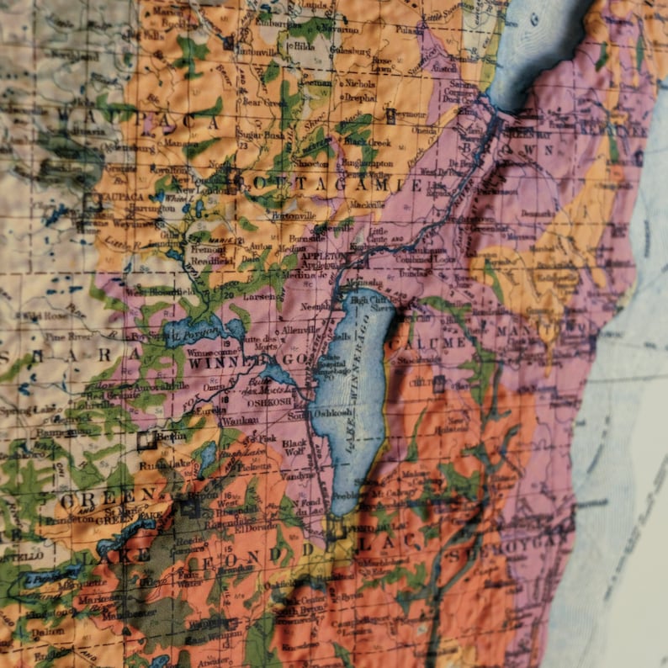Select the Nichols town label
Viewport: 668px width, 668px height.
[359, 83]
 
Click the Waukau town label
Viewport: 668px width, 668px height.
[241, 420]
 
